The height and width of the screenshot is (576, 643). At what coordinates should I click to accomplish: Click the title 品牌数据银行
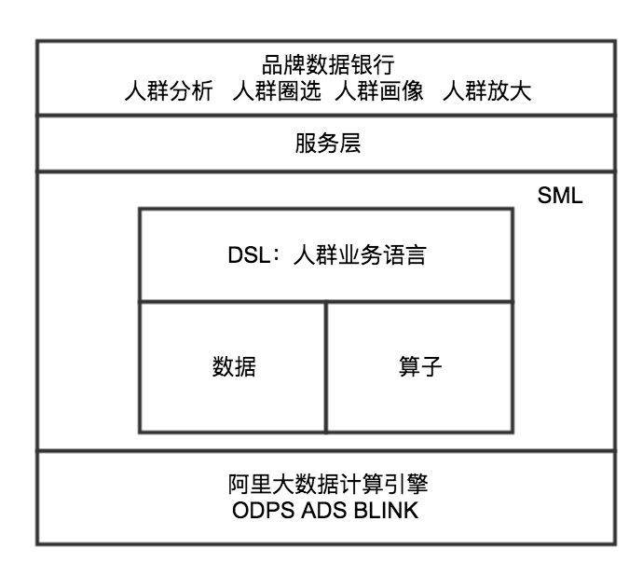click(x=328, y=64)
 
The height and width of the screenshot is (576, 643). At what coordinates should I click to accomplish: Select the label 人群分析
click(x=169, y=91)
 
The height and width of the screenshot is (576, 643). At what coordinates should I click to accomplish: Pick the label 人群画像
click(x=379, y=91)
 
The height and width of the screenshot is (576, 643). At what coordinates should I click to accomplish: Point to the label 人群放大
click(x=487, y=91)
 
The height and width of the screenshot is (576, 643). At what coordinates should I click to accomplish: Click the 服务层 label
click(x=327, y=144)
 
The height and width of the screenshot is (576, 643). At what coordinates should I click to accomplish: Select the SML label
click(x=559, y=198)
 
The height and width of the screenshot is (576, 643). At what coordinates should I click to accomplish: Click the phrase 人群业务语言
click(x=359, y=254)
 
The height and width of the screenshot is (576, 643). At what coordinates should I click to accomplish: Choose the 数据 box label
click(x=234, y=367)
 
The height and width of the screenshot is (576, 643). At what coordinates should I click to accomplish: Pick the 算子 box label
click(x=420, y=367)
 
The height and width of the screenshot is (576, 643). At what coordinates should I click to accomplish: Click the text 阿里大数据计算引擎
click(x=327, y=486)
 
